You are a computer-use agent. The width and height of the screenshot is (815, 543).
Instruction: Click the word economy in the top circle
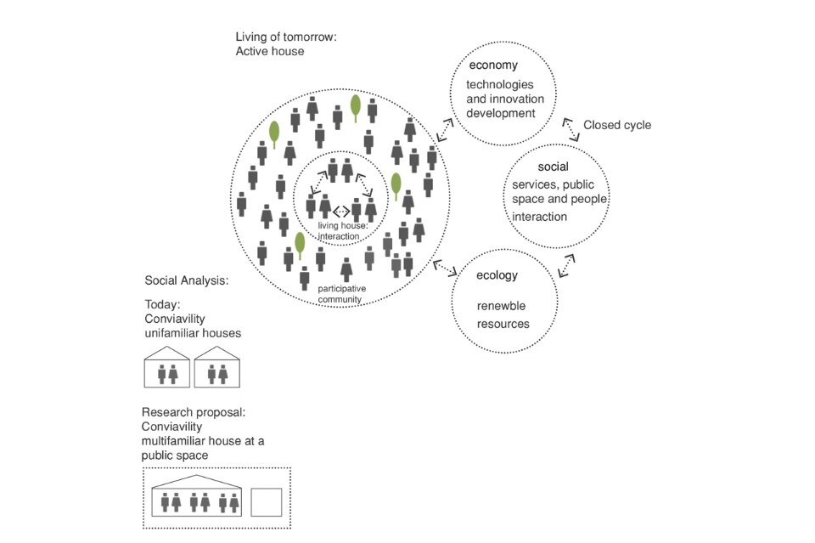[492, 65]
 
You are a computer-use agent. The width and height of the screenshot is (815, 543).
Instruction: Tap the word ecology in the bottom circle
[497, 275]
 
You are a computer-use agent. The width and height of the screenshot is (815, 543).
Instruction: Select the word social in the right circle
[553, 167]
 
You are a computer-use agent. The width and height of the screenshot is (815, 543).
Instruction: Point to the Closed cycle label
[617, 125]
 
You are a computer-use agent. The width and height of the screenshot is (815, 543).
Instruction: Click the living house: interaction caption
[342, 230]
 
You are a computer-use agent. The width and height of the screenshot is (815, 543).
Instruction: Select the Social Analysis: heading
[187, 280]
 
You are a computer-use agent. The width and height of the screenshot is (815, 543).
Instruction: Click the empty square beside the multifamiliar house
[267, 501]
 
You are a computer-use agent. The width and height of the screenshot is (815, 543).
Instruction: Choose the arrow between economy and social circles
[573, 128]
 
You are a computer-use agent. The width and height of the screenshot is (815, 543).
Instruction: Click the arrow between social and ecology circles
[566, 264]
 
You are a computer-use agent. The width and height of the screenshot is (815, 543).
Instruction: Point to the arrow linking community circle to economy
[445, 130]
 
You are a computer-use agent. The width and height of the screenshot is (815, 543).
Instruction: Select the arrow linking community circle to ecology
[444, 268]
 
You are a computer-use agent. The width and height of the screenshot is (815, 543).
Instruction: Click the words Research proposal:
[194, 412]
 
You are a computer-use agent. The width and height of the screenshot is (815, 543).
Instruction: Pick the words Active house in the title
[270, 52]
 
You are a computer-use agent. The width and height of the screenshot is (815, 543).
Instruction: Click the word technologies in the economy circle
[500, 85]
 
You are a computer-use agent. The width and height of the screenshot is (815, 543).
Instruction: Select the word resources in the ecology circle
[503, 324]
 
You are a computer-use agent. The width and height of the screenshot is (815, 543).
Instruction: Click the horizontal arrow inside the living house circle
[341, 211]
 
